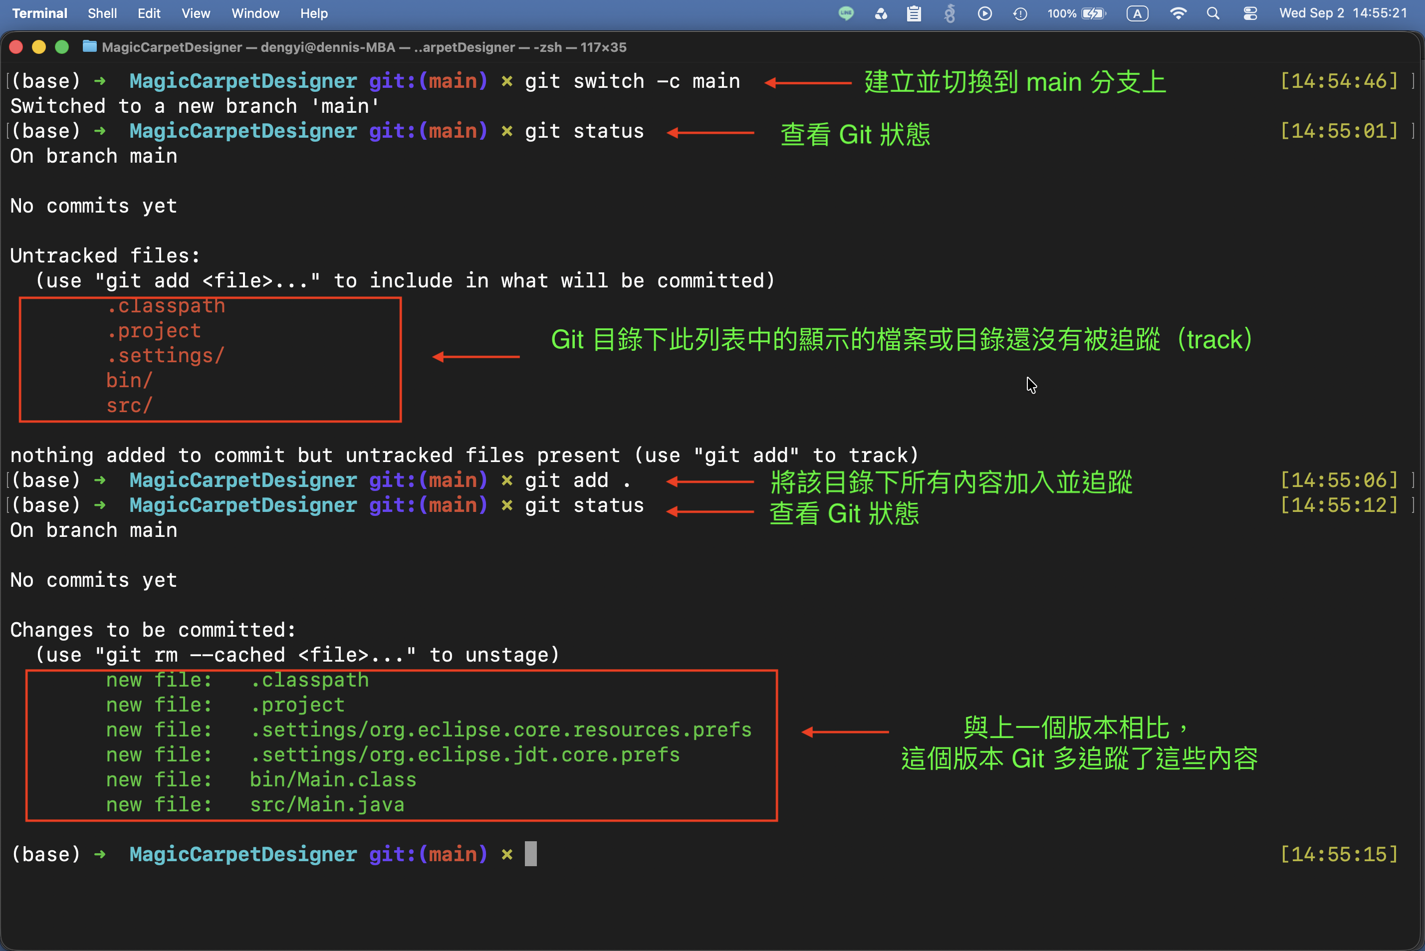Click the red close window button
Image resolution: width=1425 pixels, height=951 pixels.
click(x=16, y=47)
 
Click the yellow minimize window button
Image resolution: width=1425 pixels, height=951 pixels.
click(x=39, y=47)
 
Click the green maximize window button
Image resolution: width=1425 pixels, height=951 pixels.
click(x=62, y=47)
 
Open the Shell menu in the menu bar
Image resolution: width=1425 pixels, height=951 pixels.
click(x=102, y=13)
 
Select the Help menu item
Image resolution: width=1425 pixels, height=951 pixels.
click(x=313, y=13)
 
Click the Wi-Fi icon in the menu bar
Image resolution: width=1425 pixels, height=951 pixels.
click(x=1178, y=13)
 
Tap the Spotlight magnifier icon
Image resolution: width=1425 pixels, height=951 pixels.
click(x=1213, y=13)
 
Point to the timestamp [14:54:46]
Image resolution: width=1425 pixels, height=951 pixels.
click(x=1339, y=81)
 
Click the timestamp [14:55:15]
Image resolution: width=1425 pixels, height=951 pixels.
click(x=1339, y=854)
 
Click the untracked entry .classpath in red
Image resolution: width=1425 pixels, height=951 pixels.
click(x=166, y=306)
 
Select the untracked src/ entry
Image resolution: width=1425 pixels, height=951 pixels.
click(x=129, y=405)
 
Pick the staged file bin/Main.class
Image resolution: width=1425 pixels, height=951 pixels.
click(x=333, y=779)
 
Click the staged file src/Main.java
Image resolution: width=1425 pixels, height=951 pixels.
click(x=327, y=804)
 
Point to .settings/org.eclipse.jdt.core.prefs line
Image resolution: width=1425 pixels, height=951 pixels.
click(x=465, y=754)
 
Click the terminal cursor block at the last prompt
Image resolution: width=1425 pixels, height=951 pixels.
click(x=530, y=854)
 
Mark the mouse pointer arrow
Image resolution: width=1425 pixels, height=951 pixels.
click(x=1031, y=385)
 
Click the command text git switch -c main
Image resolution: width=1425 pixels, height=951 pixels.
click(x=633, y=81)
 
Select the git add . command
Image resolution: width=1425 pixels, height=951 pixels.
click(x=578, y=480)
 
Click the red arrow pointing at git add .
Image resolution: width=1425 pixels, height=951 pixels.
click(x=710, y=482)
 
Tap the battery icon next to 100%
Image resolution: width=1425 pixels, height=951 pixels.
click(x=1093, y=13)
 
